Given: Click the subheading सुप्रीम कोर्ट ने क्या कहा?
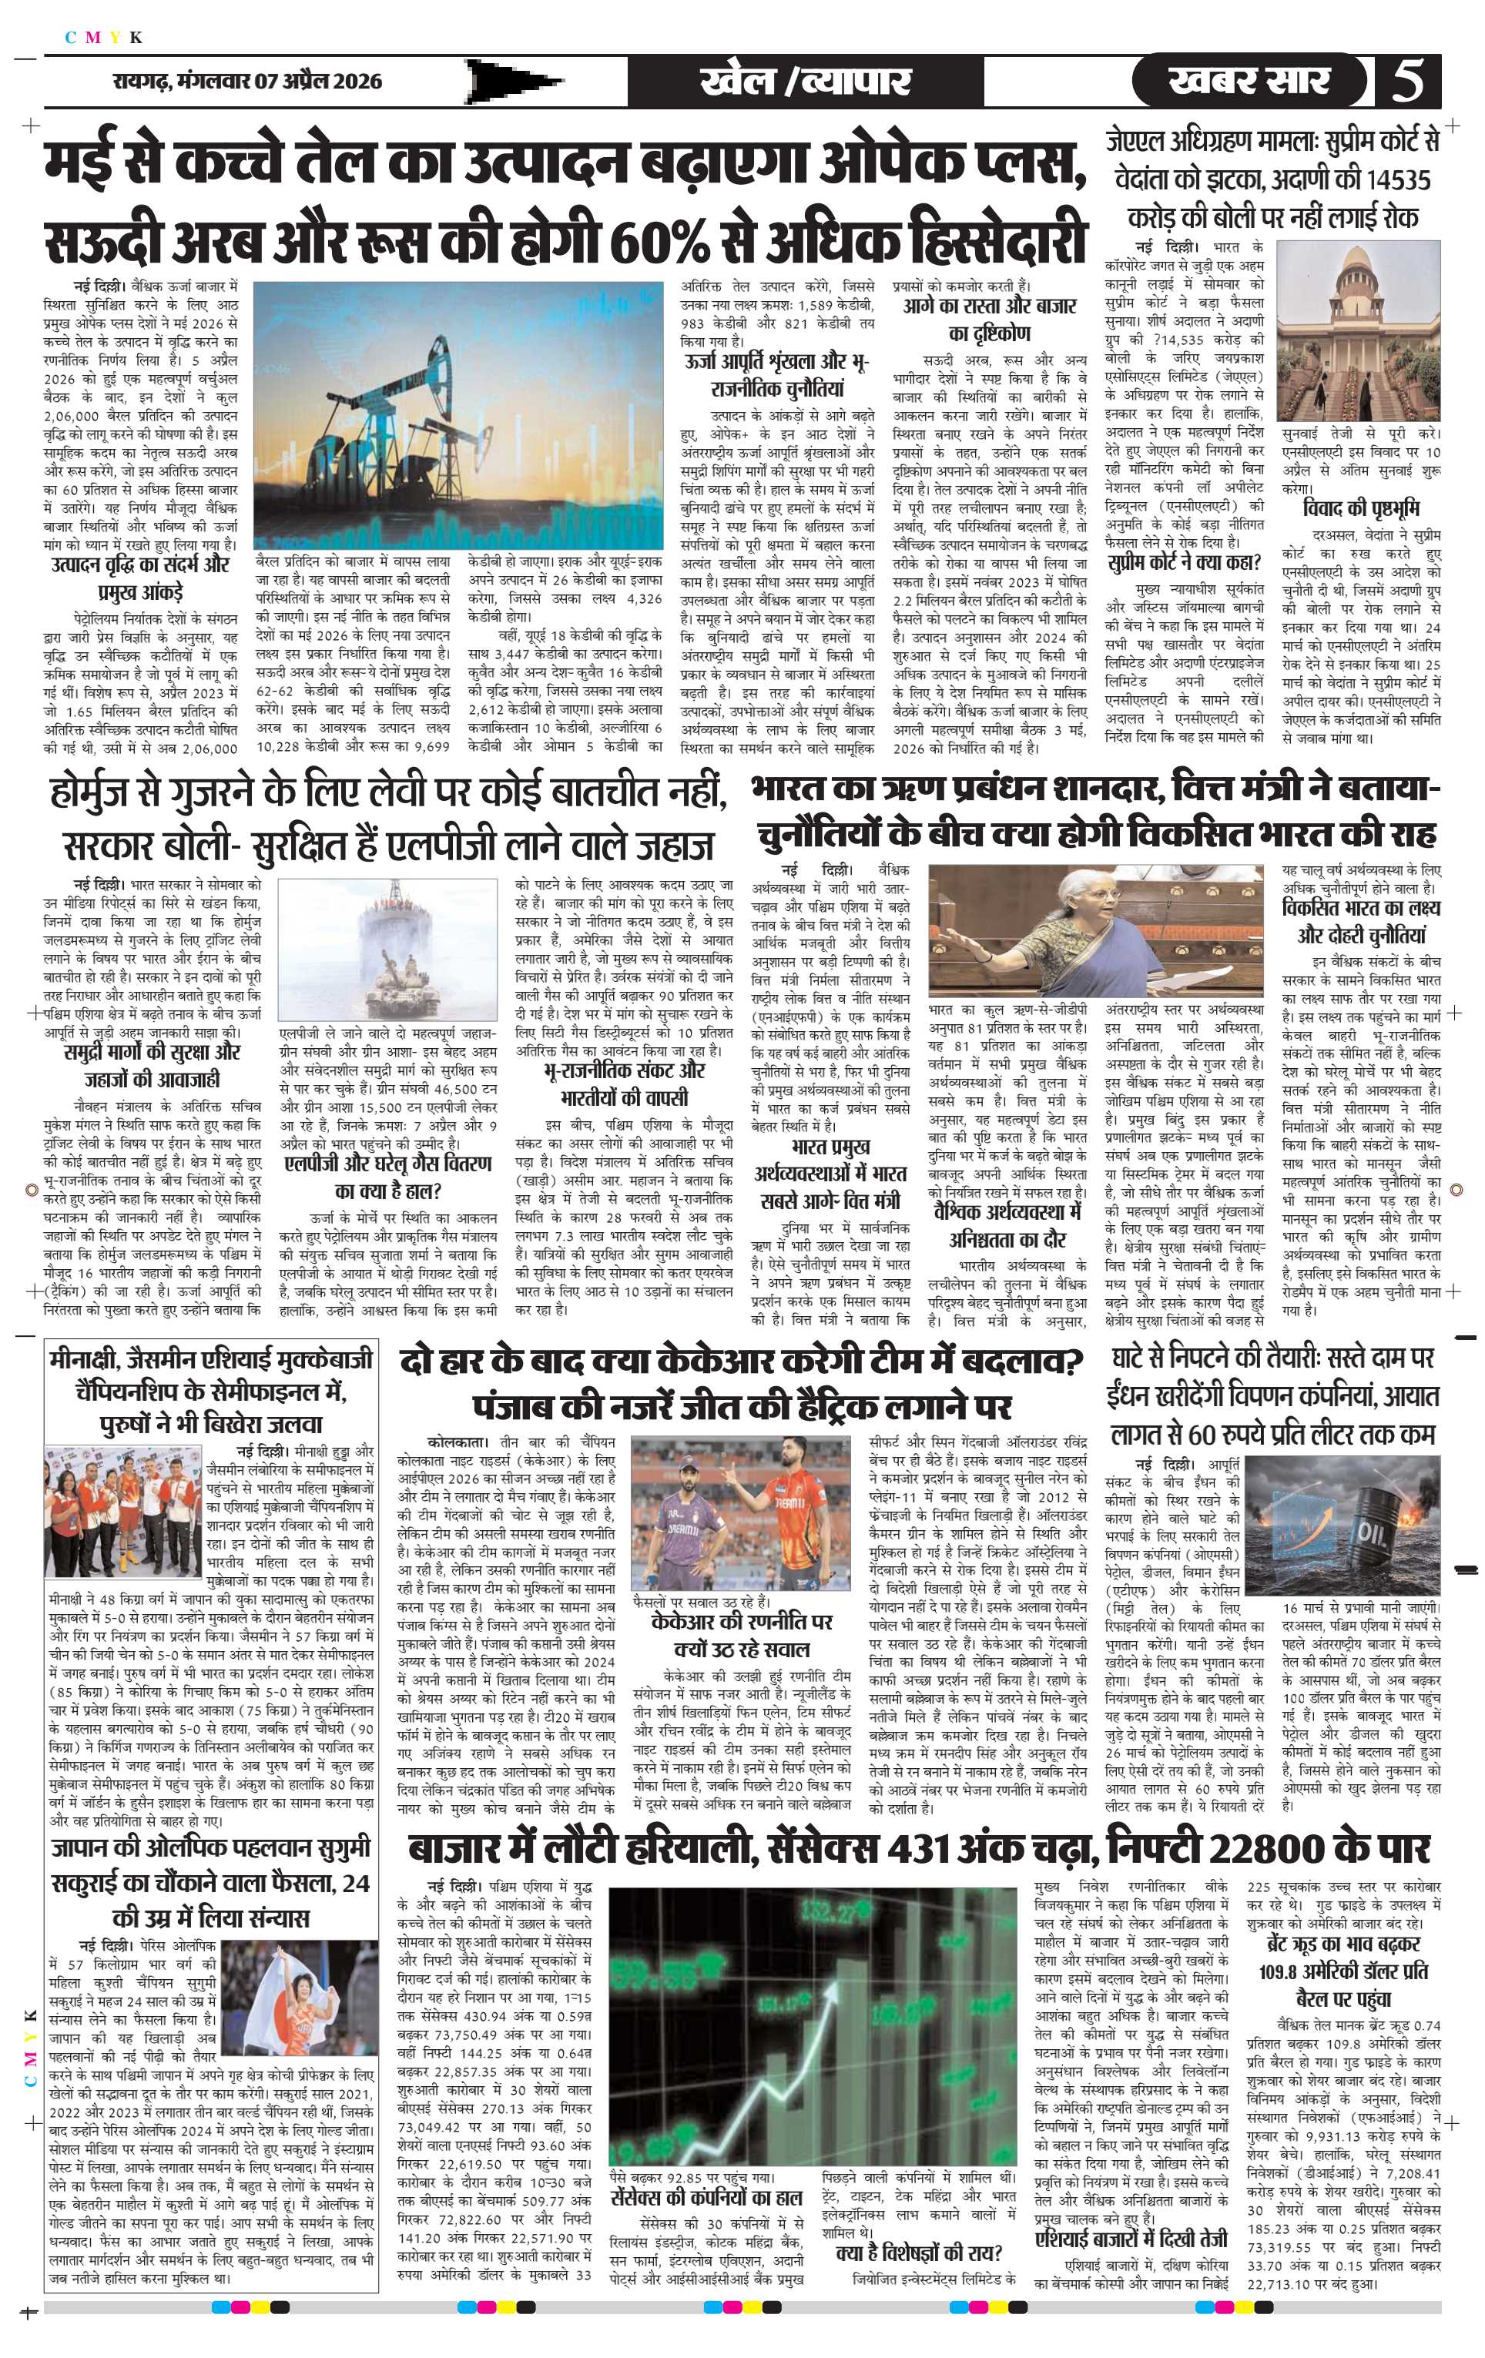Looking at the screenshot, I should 1185,563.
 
